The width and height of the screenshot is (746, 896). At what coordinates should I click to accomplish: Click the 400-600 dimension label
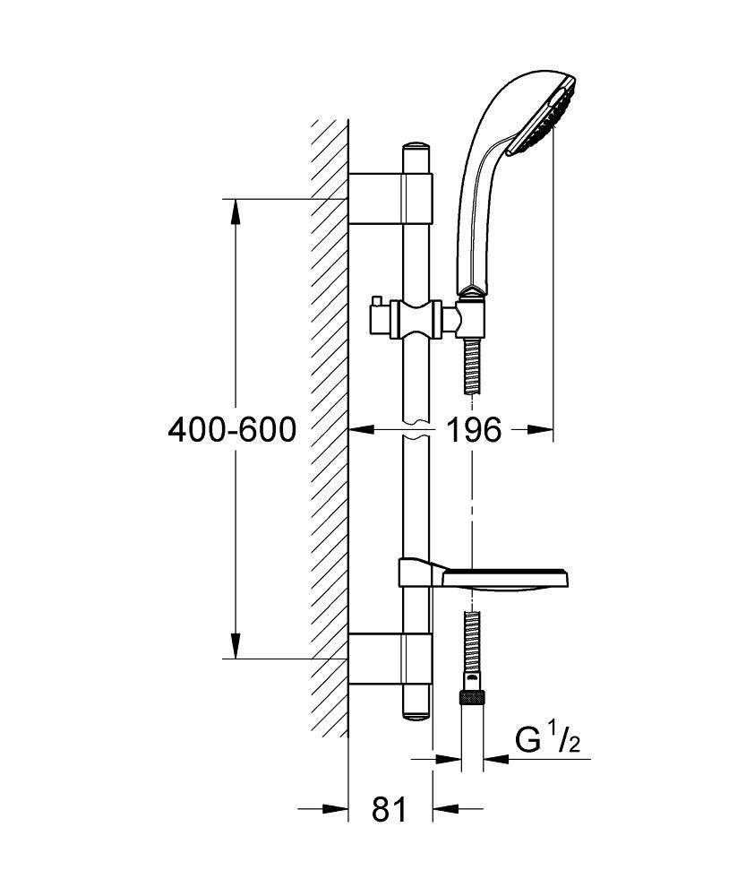tap(232, 431)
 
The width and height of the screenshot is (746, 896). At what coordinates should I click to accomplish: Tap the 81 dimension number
tap(390, 810)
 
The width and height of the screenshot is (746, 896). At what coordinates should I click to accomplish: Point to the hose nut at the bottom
tap(472, 697)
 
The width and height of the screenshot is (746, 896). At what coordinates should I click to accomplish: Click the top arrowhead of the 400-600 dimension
tap(236, 210)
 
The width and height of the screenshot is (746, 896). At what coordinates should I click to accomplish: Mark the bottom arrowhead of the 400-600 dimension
tap(236, 647)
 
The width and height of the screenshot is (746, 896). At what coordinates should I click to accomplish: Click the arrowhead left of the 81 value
tap(335, 810)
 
